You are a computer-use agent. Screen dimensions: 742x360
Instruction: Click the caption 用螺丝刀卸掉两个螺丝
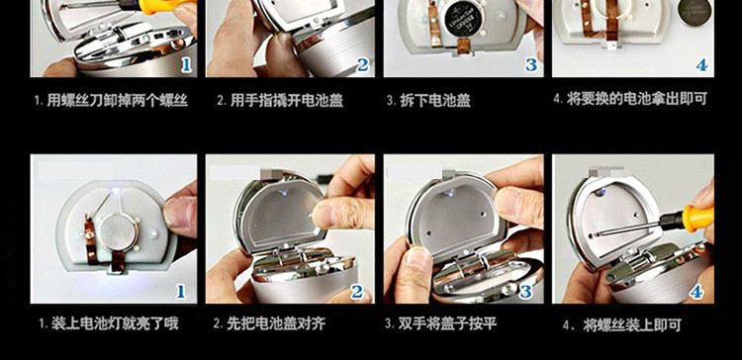tap(117, 100)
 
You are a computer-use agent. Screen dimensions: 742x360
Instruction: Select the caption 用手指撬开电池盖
tap(287, 100)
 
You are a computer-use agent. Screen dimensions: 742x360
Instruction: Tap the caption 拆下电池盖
tap(435, 101)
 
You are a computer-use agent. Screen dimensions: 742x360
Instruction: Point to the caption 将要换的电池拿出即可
tap(637, 99)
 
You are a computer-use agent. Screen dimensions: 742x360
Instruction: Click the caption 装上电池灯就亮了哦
tap(115, 324)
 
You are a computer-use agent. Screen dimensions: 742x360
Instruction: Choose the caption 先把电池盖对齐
tap(276, 324)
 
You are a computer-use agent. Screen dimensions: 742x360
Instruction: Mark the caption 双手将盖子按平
tap(447, 324)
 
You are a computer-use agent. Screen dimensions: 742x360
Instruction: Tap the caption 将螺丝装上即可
tap(632, 325)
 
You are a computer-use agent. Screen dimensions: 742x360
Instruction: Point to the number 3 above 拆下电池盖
tap(531, 65)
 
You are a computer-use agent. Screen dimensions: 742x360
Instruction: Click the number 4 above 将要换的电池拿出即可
tap(701, 65)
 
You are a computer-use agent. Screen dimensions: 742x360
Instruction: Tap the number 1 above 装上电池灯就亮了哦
tap(181, 291)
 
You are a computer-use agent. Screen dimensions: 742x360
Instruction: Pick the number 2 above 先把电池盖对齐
tap(358, 292)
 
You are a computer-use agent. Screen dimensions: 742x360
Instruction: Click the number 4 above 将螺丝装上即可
tap(696, 292)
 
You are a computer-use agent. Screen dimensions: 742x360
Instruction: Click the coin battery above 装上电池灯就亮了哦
tap(118, 232)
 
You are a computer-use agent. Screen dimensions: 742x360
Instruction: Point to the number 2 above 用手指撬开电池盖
tap(362, 64)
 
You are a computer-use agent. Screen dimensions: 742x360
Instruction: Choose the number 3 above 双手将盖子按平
tap(525, 292)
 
